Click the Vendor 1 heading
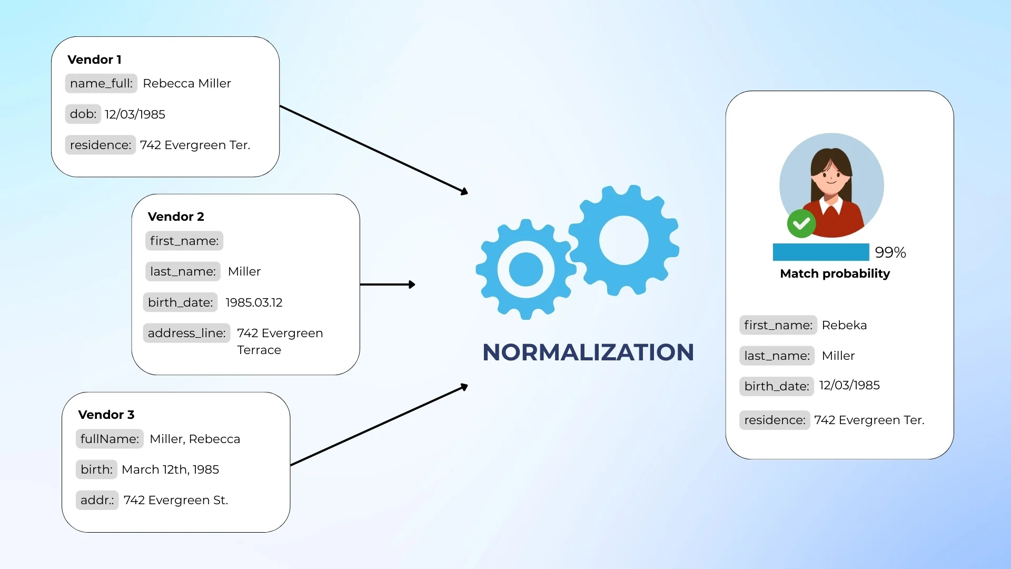tap(94, 60)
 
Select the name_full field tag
tap(101, 83)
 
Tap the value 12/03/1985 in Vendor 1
tap(135, 114)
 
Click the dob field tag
tap(83, 114)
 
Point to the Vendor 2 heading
tap(176, 217)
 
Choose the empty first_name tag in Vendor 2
tap(184, 241)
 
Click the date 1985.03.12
tap(254, 302)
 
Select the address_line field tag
tap(186, 333)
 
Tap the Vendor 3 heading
tap(106, 415)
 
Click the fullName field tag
tap(110, 439)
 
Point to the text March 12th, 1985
tap(170, 469)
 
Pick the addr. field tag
tap(97, 500)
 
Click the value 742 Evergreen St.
tap(176, 500)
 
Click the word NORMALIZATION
tap(588, 352)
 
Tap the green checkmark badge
tap(801, 224)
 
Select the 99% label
tap(890, 252)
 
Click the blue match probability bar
tap(820, 252)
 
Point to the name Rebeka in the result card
tap(844, 325)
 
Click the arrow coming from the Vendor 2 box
tap(388, 284)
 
